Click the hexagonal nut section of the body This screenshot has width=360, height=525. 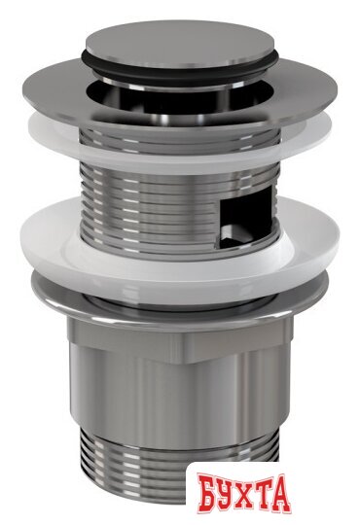tap(180, 341)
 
